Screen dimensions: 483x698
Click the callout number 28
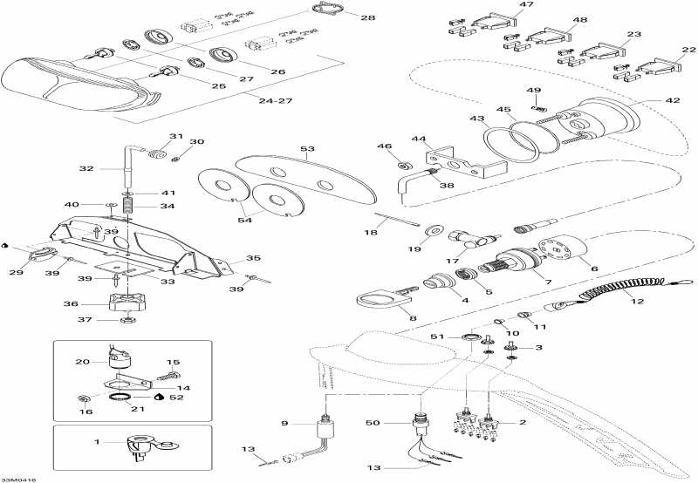coord(367,17)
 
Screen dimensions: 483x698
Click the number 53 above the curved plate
coord(307,150)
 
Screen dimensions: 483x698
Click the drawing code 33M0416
coord(20,479)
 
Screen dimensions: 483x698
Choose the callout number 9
coord(284,423)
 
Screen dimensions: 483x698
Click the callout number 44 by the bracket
coord(419,139)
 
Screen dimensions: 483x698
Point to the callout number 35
coord(253,259)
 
